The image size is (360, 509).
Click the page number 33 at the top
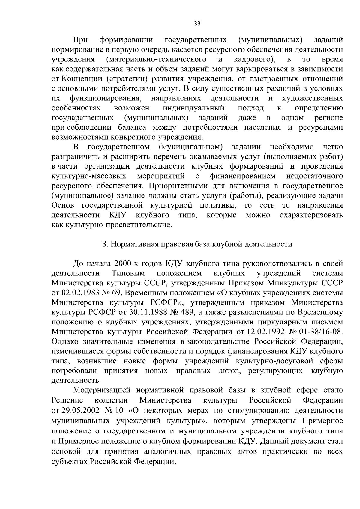pyautogui.click(x=197, y=24)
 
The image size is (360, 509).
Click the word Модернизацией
pyautogui.click(x=102, y=391)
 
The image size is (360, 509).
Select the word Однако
pyautogui.click(x=62, y=342)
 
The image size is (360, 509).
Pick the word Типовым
pyautogui.click(x=128, y=273)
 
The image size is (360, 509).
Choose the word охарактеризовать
pyautogui.click(x=311, y=215)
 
